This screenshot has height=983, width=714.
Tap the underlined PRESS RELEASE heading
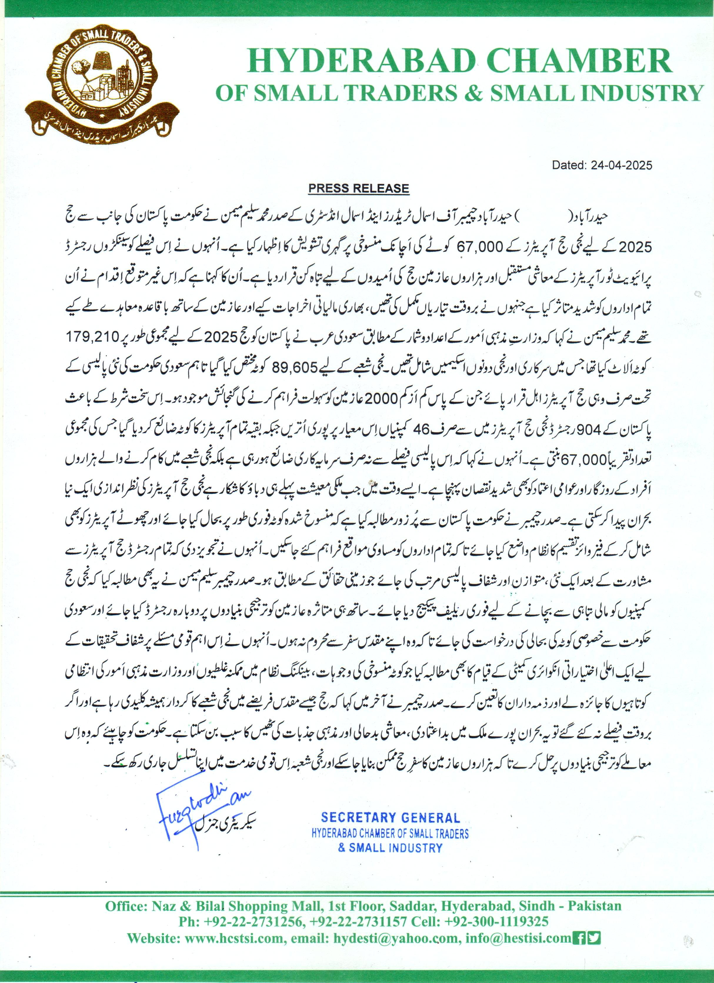[x=358, y=188]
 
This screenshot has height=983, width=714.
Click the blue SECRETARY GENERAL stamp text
[x=390, y=818]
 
